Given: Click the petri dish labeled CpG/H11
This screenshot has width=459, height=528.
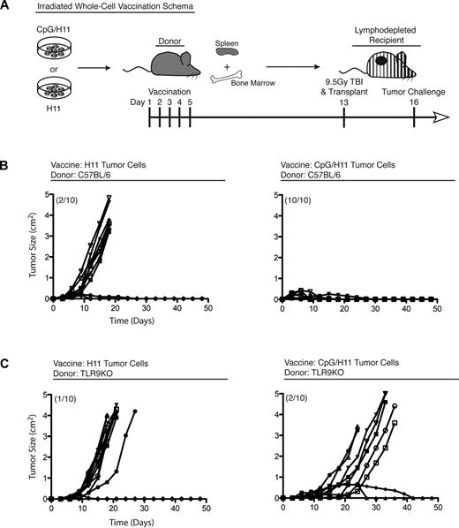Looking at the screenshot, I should tap(41, 48).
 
